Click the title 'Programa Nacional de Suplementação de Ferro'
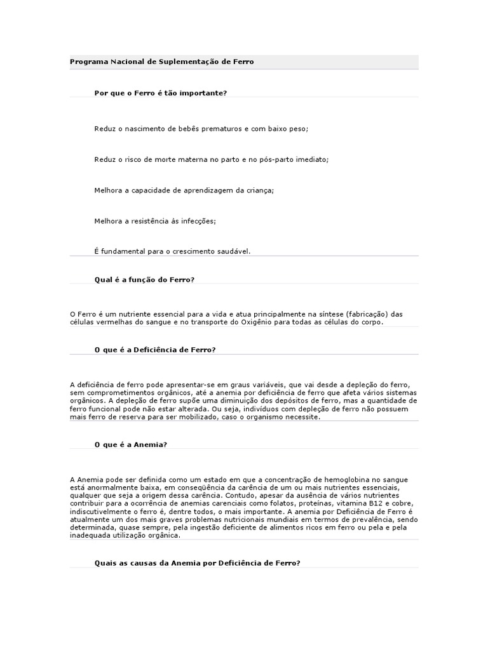(x=161, y=62)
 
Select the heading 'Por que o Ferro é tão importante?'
(x=160, y=93)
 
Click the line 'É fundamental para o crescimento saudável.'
(x=172, y=251)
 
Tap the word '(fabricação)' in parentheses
(x=365, y=314)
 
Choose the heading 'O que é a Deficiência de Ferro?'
(x=155, y=350)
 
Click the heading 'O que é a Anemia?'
(x=130, y=444)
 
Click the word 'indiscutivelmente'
(x=98, y=511)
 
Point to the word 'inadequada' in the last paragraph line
(x=89, y=535)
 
